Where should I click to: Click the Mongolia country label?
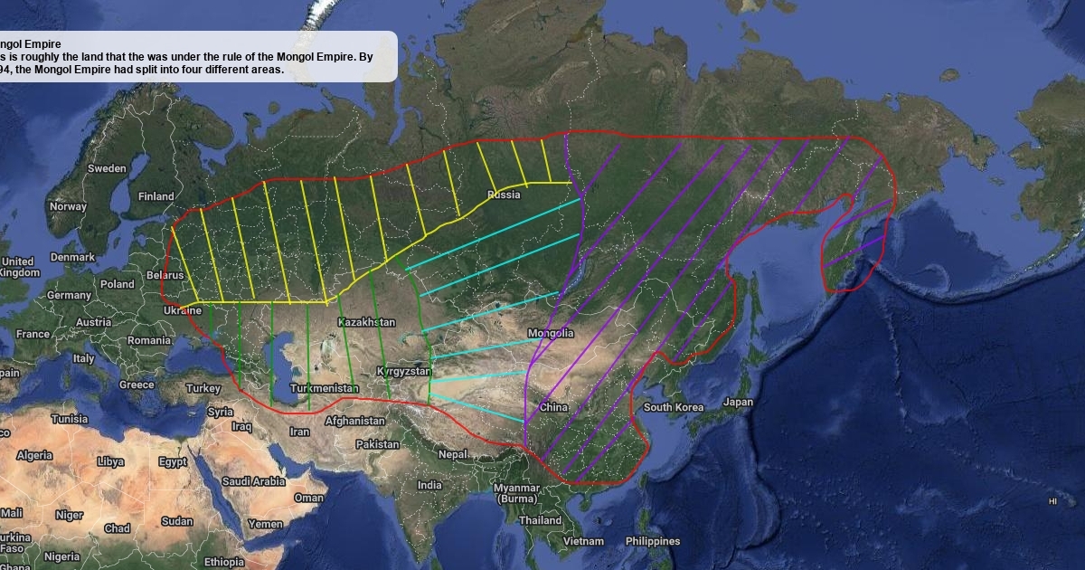point(551,333)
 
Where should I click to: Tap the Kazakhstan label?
point(366,322)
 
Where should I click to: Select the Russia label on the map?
point(504,195)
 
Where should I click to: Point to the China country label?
point(553,407)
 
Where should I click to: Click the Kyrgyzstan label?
point(404,372)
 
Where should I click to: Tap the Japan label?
point(739,403)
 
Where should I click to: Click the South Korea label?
point(674,407)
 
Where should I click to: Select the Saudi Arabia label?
point(254,481)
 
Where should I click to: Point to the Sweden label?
point(107,168)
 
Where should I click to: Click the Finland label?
point(156,196)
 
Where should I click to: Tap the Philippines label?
point(652,541)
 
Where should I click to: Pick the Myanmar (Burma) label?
point(516,493)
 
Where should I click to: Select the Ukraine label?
point(183,310)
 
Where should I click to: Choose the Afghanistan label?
point(354,421)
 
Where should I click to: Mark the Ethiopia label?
point(223,562)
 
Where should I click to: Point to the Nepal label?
point(453,454)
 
